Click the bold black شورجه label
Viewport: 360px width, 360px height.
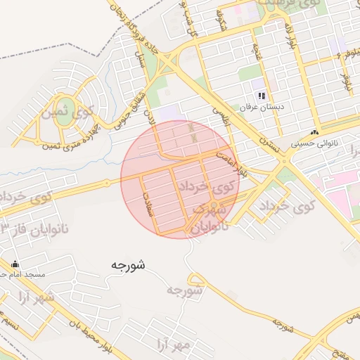click(127, 265)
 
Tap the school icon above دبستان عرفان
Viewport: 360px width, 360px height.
click(261, 95)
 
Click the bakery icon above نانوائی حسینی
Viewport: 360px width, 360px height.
click(314, 131)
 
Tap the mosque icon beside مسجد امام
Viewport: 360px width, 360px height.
click(15, 264)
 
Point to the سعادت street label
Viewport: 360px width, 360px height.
click(148, 199)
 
